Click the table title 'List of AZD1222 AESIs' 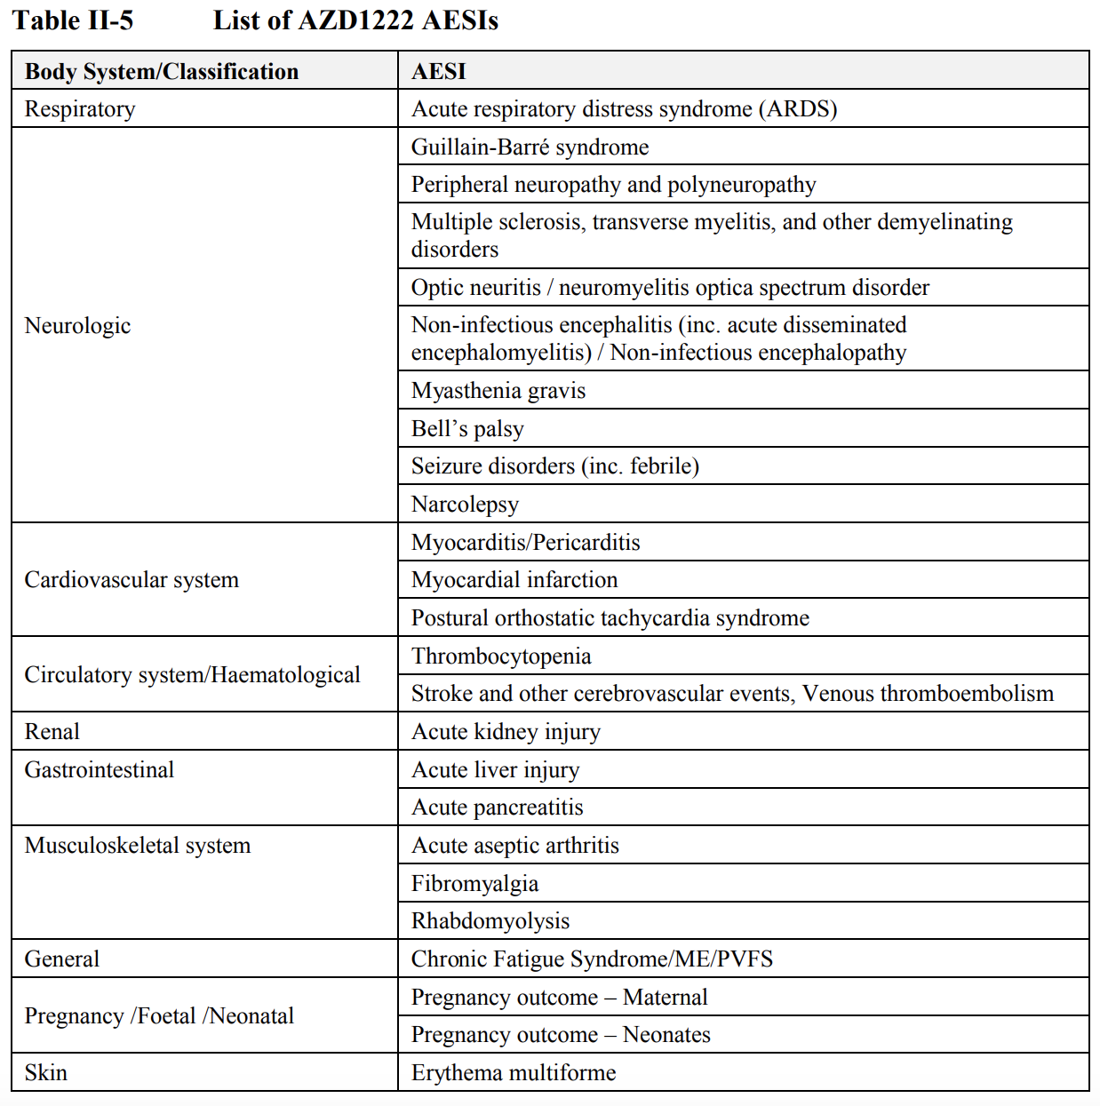(355, 20)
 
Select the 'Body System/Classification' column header (162, 72)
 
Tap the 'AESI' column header (439, 72)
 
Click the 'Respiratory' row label (80, 109)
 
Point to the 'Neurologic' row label (77, 326)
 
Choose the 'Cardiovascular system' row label (132, 580)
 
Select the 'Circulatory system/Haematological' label (192, 675)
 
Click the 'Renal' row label (52, 732)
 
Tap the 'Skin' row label (46, 1073)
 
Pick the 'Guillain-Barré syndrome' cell (530, 147)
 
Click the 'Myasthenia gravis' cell (498, 391)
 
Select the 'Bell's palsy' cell (467, 429)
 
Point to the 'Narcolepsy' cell (465, 505)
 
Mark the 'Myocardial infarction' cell (514, 580)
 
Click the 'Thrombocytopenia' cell (501, 656)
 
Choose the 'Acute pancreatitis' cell (498, 808)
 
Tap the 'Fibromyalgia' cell (474, 884)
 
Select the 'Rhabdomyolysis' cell (490, 921)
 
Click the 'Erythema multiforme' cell (514, 1073)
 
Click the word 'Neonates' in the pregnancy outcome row (666, 1035)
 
